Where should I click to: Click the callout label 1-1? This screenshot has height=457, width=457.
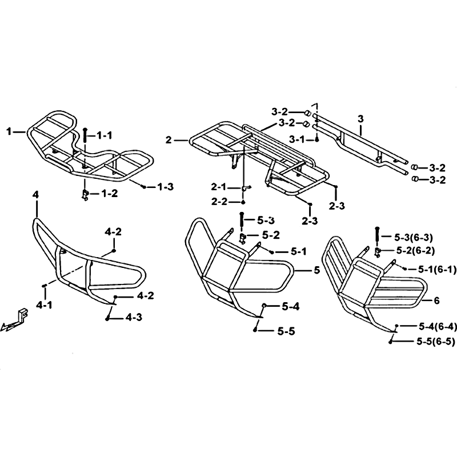pyautogui.click(x=105, y=135)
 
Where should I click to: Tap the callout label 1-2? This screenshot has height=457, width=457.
pyautogui.click(x=109, y=194)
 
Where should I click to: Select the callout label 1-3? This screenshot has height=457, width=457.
pyautogui.click(x=165, y=187)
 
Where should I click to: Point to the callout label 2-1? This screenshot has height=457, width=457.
pyautogui.click(x=219, y=187)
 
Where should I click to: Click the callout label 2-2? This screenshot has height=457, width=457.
pyautogui.click(x=219, y=202)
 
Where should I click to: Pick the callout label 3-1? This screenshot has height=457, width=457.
pyautogui.click(x=296, y=139)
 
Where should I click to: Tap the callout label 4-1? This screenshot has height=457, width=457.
pyautogui.click(x=44, y=305)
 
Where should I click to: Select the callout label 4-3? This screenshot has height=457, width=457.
pyautogui.click(x=134, y=317)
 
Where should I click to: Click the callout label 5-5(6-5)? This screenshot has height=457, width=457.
pyautogui.click(x=436, y=342)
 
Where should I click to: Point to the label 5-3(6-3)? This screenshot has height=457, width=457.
pyautogui.click(x=414, y=238)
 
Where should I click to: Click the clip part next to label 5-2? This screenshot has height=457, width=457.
pyautogui.click(x=242, y=238)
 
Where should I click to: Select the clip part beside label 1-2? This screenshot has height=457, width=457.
pyautogui.click(x=85, y=195)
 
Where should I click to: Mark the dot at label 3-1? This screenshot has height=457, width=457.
pyautogui.click(x=317, y=140)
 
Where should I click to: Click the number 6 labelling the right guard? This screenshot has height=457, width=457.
pyautogui.click(x=436, y=300)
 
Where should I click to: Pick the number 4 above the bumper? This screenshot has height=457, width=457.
pyautogui.click(x=36, y=195)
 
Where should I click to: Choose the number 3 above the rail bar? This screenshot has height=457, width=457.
pyautogui.click(x=360, y=119)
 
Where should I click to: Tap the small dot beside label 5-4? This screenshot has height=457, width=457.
pyautogui.click(x=264, y=305)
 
